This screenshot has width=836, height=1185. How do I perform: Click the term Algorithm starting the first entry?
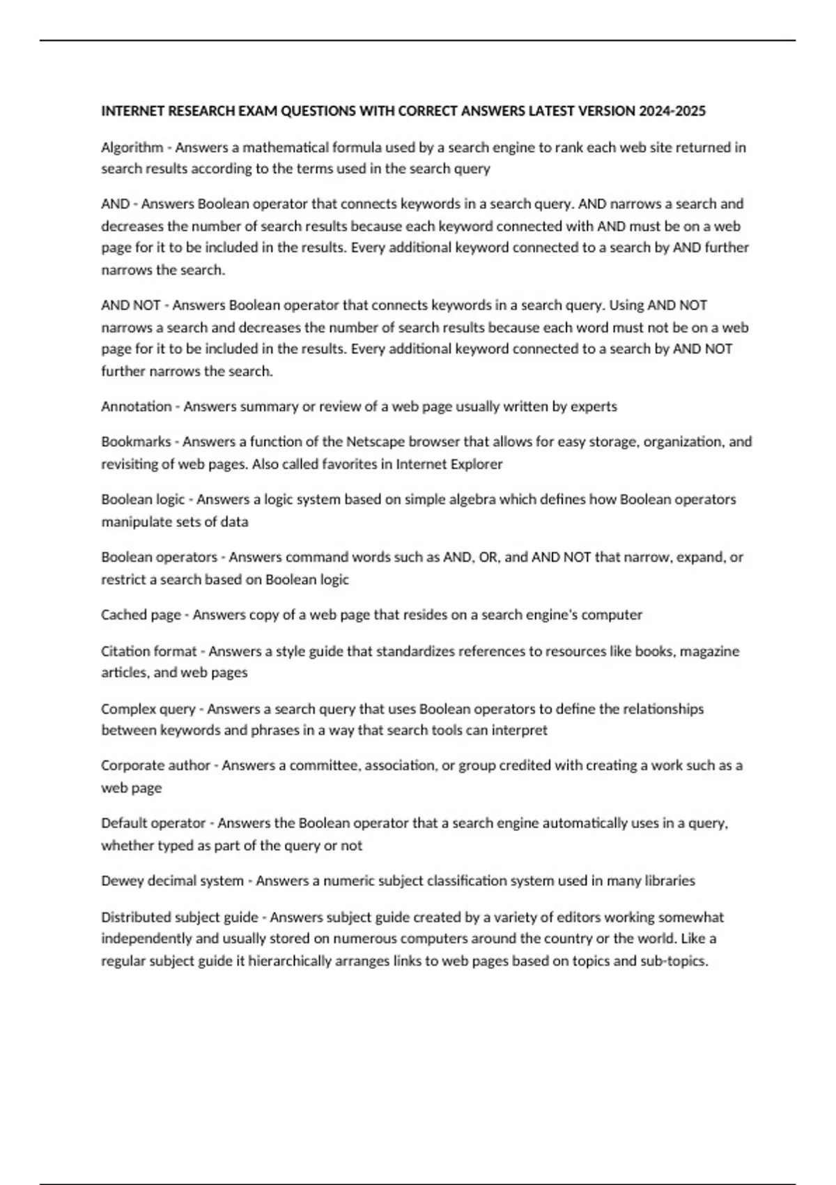[132, 147]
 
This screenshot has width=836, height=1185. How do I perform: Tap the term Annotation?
[136, 406]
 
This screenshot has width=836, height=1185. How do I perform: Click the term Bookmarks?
[136, 442]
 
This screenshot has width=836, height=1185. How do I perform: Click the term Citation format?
[149, 651]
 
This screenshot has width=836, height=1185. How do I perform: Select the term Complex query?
[148, 709]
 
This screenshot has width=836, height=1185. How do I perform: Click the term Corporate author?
[155, 765]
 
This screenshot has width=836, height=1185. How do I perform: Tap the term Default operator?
[153, 823]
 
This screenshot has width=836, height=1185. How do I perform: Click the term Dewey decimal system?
[172, 880]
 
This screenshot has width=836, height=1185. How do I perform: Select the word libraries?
[667, 880]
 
